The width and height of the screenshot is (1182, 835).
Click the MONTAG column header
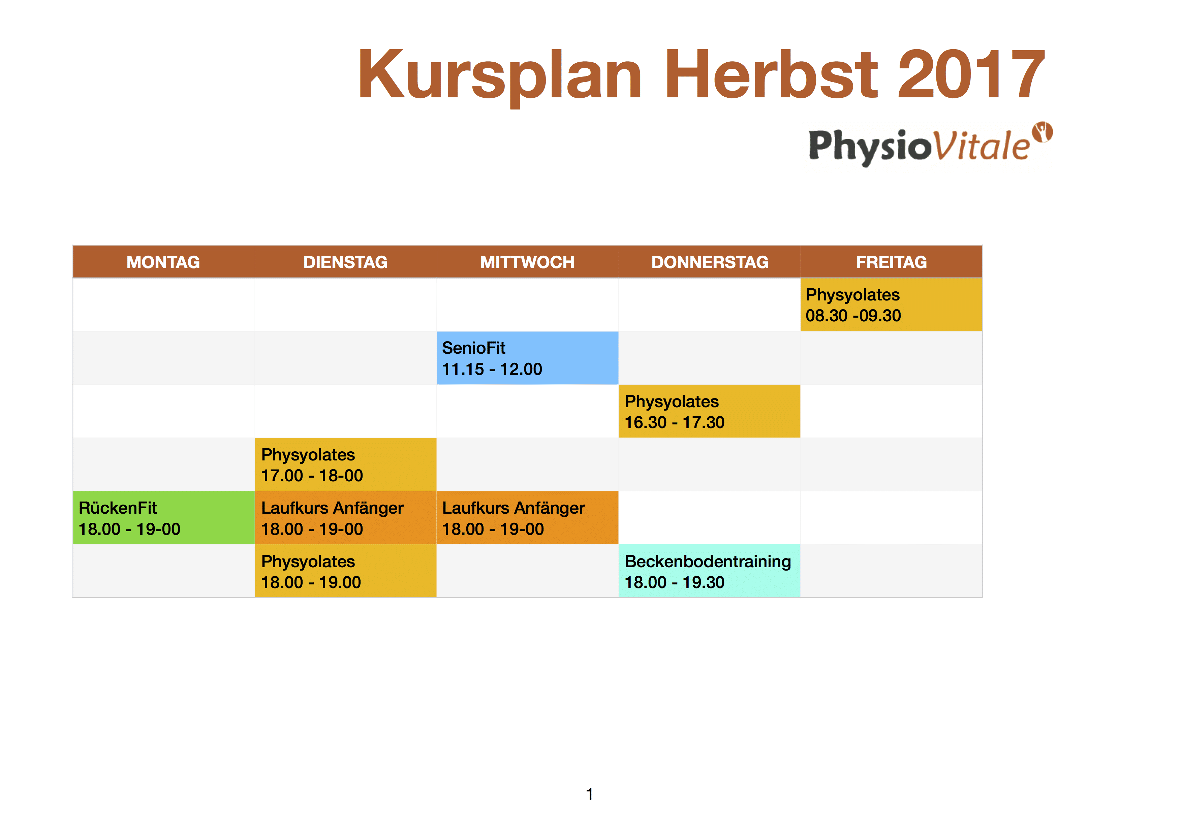tap(164, 262)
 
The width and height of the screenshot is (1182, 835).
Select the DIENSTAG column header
tap(345, 262)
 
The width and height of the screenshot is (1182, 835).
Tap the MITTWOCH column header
tap(527, 262)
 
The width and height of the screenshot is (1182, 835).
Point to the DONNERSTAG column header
tap(709, 262)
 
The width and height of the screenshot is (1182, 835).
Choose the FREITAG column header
tap(891, 262)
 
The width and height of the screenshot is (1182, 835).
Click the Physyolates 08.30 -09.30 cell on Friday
tap(891, 304)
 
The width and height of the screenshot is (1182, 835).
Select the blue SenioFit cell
tap(527, 358)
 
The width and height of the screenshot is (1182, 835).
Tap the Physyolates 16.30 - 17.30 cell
tap(709, 411)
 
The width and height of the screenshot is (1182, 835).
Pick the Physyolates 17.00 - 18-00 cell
tap(345, 464)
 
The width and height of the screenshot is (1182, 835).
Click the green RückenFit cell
tap(164, 518)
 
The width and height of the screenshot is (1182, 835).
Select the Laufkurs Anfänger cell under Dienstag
tap(345, 518)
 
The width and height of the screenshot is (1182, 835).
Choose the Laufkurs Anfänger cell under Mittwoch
tap(527, 518)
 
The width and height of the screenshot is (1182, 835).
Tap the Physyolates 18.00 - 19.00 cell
tap(345, 571)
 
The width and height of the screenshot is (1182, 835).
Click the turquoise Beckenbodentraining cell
tap(709, 571)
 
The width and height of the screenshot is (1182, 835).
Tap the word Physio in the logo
tap(870, 147)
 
